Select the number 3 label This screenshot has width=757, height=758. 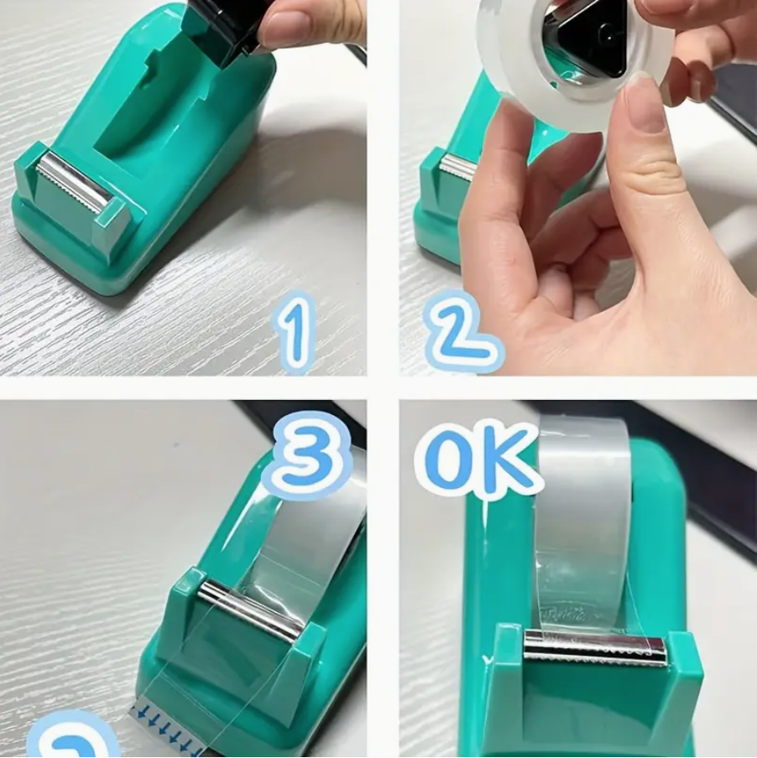pos(307,455)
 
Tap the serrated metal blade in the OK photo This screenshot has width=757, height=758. pos(594,647)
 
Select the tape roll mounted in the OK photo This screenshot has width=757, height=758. pos(583,520)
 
